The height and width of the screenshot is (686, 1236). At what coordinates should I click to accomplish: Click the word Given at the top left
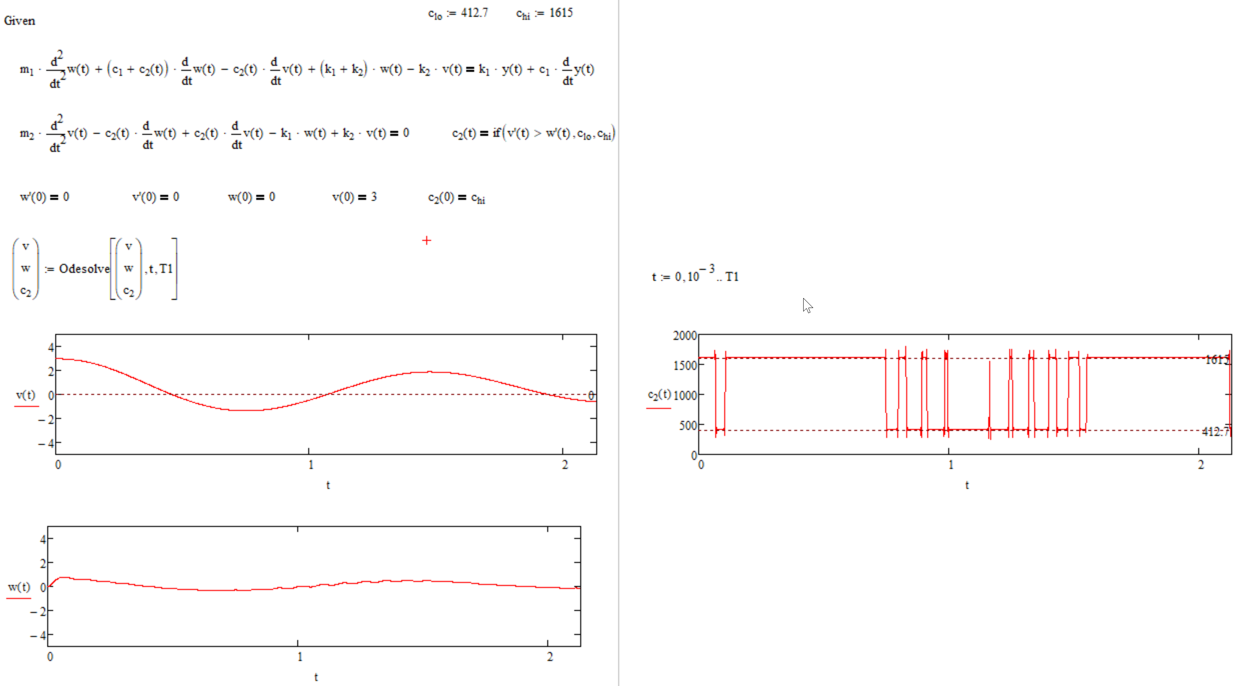pyautogui.click(x=19, y=21)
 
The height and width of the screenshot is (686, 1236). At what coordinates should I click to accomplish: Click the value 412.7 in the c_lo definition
pyautogui.click(x=474, y=13)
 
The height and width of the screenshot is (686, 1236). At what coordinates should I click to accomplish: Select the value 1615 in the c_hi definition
pyautogui.click(x=560, y=13)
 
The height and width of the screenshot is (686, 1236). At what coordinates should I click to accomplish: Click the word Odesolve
pyautogui.click(x=84, y=269)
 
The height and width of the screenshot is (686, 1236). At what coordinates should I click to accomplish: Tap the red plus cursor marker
pyautogui.click(x=426, y=240)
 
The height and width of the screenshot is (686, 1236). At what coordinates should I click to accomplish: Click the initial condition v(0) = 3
pyautogui.click(x=354, y=197)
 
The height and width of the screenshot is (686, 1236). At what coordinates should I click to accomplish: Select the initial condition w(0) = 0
pyautogui.click(x=251, y=197)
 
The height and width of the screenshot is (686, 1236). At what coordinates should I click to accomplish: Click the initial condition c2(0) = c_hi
pyautogui.click(x=456, y=198)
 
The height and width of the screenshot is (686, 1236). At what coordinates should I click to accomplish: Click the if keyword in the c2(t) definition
pyautogui.click(x=497, y=133)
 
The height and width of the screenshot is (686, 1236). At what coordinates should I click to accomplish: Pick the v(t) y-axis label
pyautogui.click(x=26, y=395)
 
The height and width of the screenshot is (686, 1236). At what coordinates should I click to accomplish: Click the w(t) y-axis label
pyautogui.click(x=19, y=587)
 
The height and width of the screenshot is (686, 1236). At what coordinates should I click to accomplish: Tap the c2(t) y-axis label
pyautogui.click(x=659, y=395)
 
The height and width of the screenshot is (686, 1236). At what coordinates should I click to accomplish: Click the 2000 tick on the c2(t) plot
pyautogui.click(x=684, y=335)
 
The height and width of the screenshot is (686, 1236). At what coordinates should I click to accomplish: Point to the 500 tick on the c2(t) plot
pyautogui.click(x=687, y=425)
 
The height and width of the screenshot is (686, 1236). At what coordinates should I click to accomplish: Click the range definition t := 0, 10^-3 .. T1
pyautogui.click(x=695, y=276)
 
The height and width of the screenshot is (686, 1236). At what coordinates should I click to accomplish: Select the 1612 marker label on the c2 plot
pyautogui.click(x=1216, y=360)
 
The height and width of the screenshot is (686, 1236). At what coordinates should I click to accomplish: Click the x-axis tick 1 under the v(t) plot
pyautogui.click(x=311, y=464)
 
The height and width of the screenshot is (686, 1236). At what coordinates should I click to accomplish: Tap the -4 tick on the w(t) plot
pyautogui.click(x=38, y=635)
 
